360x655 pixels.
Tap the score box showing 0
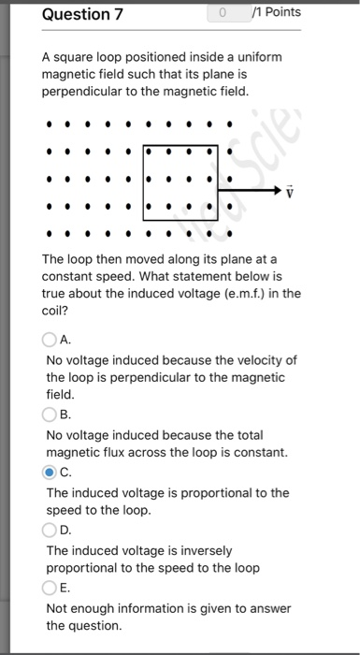coord(223,13)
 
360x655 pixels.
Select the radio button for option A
coord(50,342)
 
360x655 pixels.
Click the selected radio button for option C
coord(50,473)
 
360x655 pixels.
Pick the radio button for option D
coord(50,531)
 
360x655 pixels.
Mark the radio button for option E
coord(50,589)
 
